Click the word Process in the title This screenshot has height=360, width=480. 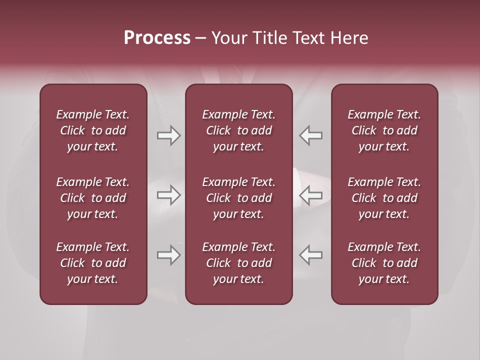pyautogui.click(x=157, y=38)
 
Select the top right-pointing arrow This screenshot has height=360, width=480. pyautogui.click(x=169, y=135)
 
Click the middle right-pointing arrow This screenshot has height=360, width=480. pyautogui.click(x=169, y=195)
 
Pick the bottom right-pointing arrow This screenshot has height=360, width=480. pyautogui.click(x=169, y=255)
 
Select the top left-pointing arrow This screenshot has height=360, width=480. pyautogui.click(x=311, y=135)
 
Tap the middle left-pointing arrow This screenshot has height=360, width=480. pyautogui.click(x=311, y=195)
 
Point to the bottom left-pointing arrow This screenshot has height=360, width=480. pyautogui.click(x=311, y=255)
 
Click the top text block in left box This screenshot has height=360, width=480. pyautogui.click(x=93, y=130)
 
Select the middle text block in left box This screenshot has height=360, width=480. pyautogui.click(x=93, y=198)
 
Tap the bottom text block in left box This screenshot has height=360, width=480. pyautogui.click(x=93, y=263)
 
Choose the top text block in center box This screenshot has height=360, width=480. pyautogui.click(x=239, y=130)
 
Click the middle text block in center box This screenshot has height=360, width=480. pyautogui.click(x=239, y=198)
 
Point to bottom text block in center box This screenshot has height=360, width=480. pyautogui.click(x=239, y=263)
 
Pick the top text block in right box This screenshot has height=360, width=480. pyautogui.click(x=384, y=130)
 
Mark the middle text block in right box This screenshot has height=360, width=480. pyautogui.click(x=384, y=198)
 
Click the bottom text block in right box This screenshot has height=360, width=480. pyautogui.click(x=384, y=263)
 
